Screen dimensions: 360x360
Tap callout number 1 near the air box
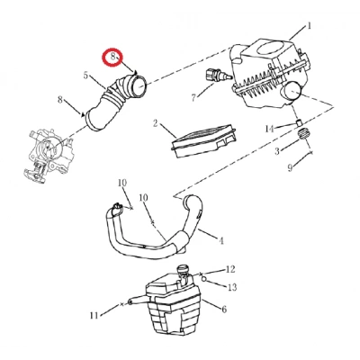pos(309,26)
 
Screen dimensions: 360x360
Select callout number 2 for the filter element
pos(155,123)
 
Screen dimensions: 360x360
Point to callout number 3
pos(277,150)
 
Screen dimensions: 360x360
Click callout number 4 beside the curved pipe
pos(221,240)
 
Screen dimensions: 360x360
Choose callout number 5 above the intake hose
pos(85,75)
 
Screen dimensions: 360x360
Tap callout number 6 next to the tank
pos(224,309)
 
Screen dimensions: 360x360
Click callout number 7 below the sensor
pos(193,97)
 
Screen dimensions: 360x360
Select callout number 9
pos(290,167)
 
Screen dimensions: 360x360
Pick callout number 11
pos(94,315)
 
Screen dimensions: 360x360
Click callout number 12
pos(230,269)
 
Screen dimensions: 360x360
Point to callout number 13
pos(232,287)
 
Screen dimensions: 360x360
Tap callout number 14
pos(269,129)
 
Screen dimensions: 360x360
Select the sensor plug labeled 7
pos(218,75)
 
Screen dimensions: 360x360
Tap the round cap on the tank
pos(184,269)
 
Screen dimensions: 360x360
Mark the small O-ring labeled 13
pos(203,279)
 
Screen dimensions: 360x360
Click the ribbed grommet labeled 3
pos(304,133)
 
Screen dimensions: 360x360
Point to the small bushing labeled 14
pos(299,123)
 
